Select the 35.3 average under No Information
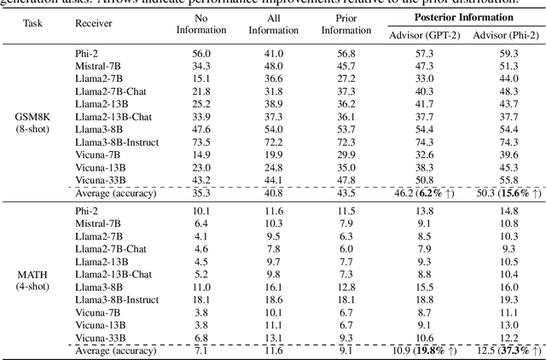(201, 195)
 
